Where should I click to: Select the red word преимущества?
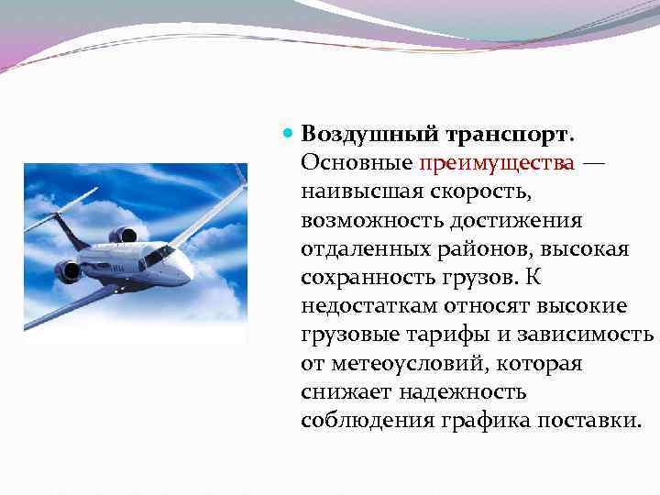pos(498,163)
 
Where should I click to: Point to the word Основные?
pos(357,163)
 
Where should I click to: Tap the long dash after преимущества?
pos(593,163)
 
